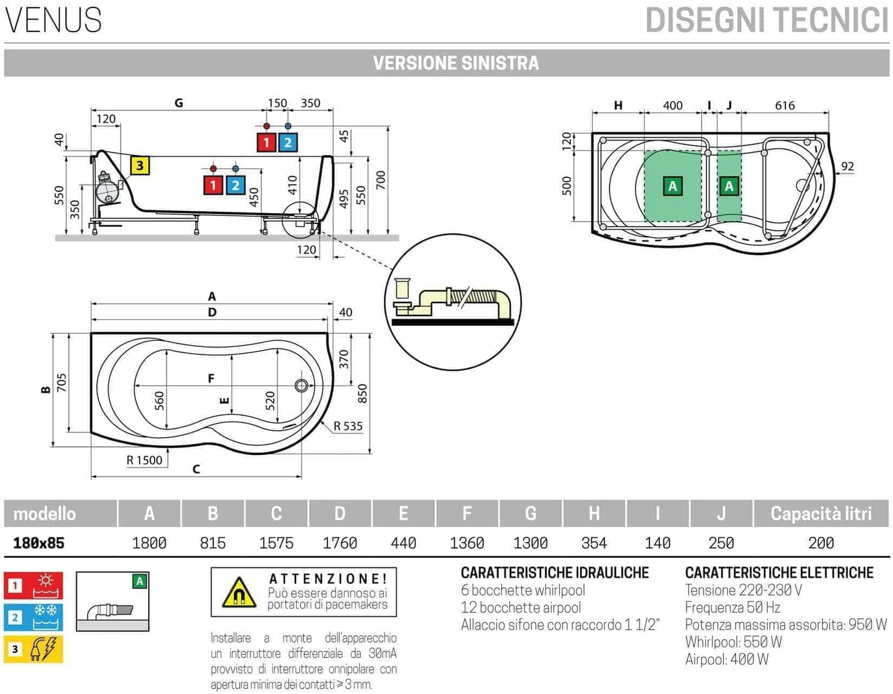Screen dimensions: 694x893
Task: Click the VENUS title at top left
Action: tap(53, 20)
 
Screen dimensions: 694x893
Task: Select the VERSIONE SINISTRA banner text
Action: tap(455, 63)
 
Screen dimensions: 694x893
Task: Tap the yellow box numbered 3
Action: tap(140, 165)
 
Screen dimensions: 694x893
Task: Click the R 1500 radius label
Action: tap(144, 460)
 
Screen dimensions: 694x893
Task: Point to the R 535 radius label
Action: tap(348, 426)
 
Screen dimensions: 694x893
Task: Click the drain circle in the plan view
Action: tap(302, 386)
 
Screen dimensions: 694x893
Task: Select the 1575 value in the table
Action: tap(276, 543)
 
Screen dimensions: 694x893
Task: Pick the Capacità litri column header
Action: tap(821, 514)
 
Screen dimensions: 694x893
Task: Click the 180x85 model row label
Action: tap(38, 543)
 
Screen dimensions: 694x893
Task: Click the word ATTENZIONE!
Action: tap(328, 579)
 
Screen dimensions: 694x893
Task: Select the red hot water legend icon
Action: tap(33, 585)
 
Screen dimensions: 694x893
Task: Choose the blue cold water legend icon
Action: tap(33, 617)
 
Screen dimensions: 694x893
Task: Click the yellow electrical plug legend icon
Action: tap(33, 649)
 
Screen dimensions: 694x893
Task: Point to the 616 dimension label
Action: tap(785, 106)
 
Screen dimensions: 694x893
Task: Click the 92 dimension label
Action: tap(847, 166)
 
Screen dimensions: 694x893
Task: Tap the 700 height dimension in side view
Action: tap(381, 180)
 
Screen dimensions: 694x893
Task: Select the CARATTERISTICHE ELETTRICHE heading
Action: tap(779, 572)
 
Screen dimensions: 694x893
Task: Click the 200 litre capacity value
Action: tap(821, 543)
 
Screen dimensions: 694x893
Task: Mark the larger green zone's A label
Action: tap(672, 186)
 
